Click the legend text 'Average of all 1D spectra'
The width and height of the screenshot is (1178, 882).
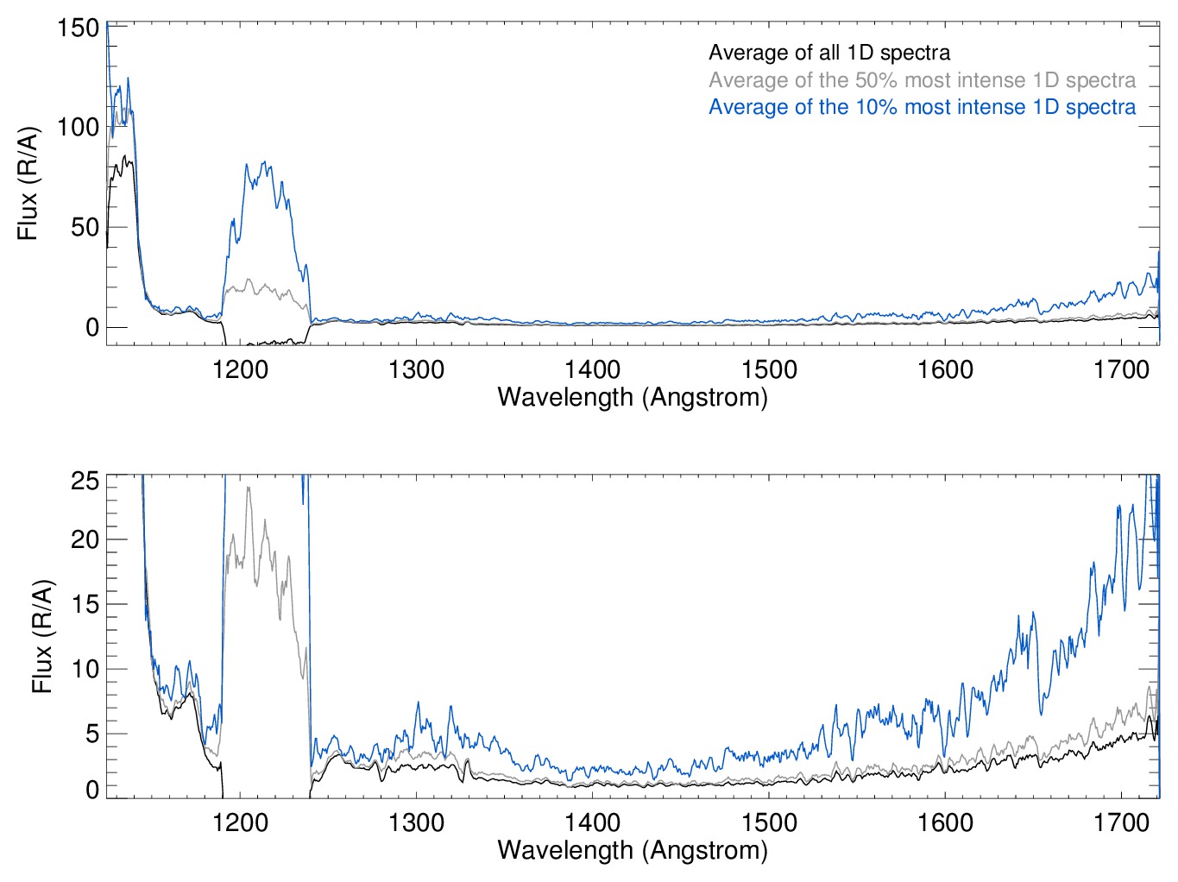point(828,53)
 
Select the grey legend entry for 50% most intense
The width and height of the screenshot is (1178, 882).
point(922,80)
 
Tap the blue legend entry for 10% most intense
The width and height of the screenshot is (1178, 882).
point(922,107)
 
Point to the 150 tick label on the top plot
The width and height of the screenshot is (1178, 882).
point(79,28)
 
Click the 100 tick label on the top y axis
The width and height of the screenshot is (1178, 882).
point(79,128)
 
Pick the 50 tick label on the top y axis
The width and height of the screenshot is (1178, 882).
point(85,228)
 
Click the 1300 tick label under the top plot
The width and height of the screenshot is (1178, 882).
point(416,369)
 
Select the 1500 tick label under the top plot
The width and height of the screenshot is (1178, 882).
point(769,369)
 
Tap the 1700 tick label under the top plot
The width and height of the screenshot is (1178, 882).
point(1121,369)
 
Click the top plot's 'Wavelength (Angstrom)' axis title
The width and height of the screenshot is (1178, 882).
point(633,397)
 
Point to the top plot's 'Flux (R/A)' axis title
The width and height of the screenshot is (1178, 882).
point(28,184)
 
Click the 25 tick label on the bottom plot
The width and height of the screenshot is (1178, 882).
point(85,481)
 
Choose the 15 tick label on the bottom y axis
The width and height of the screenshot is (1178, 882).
point(85,604)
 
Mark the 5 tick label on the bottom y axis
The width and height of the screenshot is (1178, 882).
point(91,734)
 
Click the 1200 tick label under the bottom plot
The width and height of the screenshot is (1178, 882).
point(240,822)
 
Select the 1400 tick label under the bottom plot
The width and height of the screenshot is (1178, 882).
point(592,822)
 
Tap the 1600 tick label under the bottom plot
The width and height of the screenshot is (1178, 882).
point(945,822)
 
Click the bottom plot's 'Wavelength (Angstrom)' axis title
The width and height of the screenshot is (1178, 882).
point(633,850)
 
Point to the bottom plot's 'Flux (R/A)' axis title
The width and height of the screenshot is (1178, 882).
point(42,636)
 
